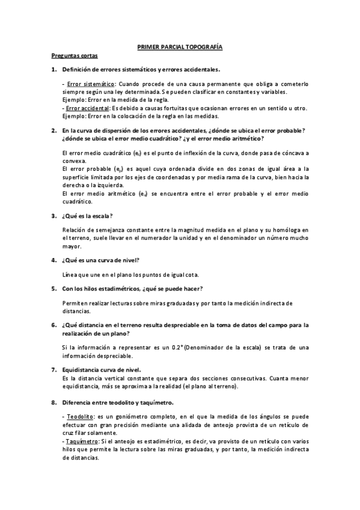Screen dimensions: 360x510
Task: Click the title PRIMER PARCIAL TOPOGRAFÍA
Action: [180, 46]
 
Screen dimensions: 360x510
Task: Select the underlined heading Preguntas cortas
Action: [70, 56]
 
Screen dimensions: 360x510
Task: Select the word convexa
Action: [75, 162]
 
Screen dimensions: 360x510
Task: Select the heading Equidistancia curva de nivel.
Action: [102, 369]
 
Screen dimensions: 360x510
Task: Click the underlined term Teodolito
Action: [79, 416]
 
